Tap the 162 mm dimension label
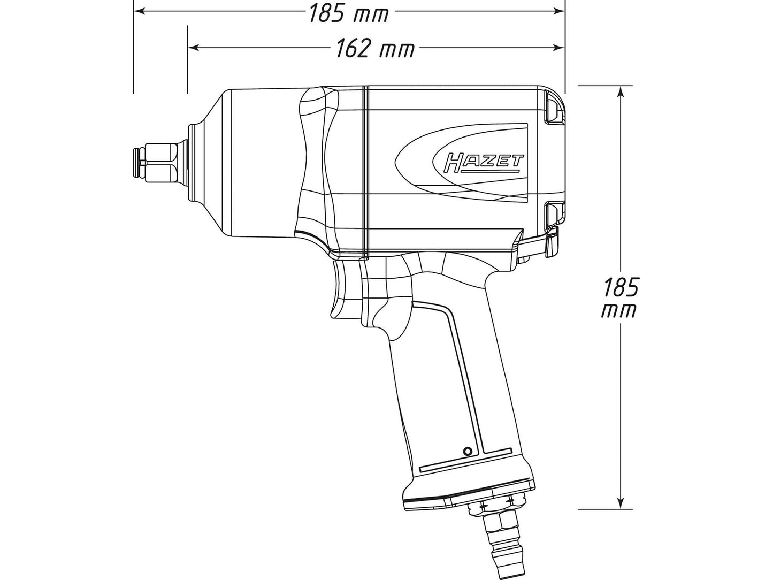(375, 49)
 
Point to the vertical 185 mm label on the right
(620, 288)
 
